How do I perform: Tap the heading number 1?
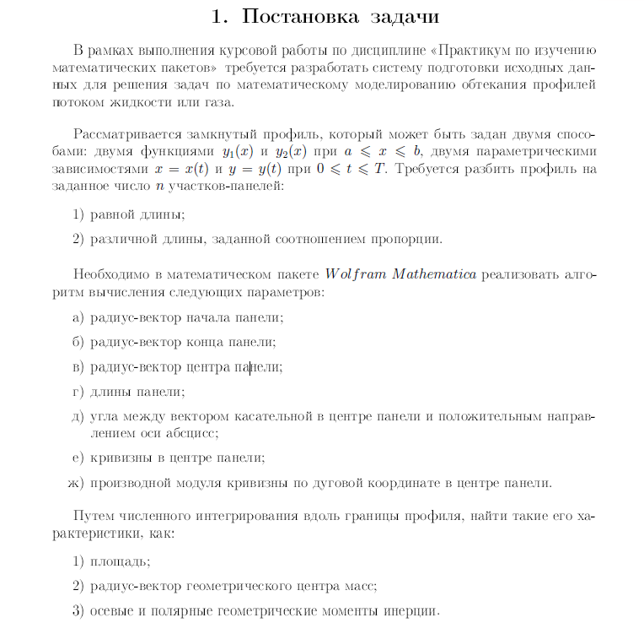click(219, 16)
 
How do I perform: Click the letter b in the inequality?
click(417, 152)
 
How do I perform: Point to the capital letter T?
click(379, 169)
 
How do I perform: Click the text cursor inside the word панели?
click(249, 367)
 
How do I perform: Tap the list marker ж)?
click(76, 484)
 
